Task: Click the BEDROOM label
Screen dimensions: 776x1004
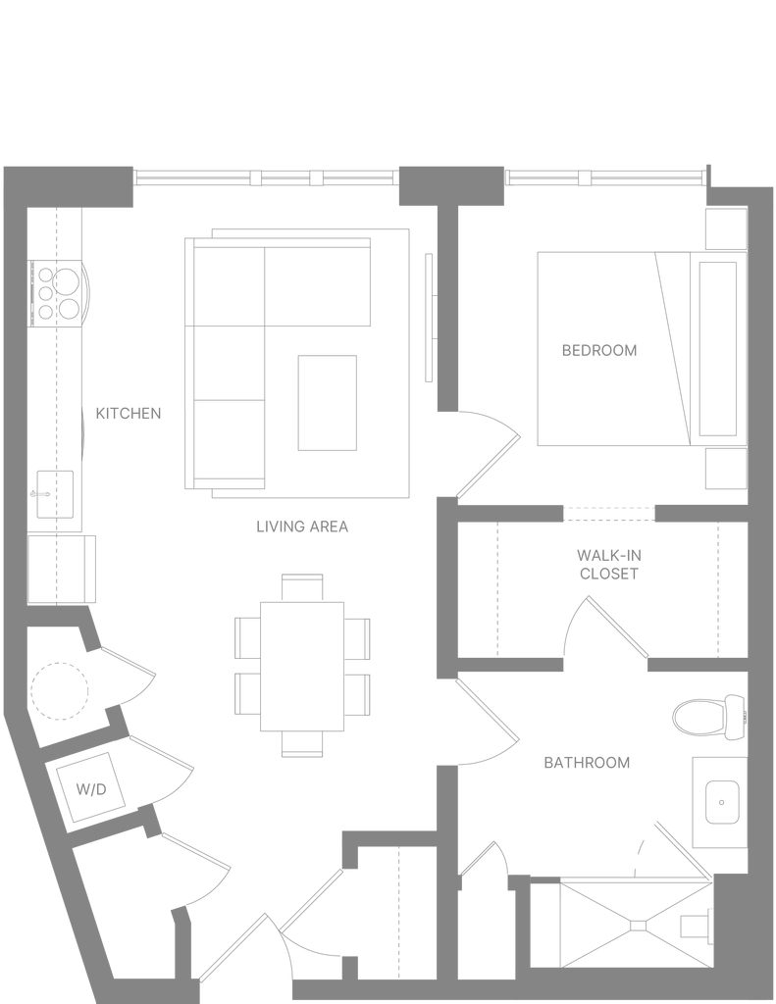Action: (x=599, y=350)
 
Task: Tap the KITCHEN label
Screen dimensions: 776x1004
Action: (x=129, y=414)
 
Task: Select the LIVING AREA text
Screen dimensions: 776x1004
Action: (x=302, y=527)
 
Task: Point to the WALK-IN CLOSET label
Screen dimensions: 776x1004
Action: (x=609, y=564)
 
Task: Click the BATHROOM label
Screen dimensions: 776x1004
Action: (x=587, y=763)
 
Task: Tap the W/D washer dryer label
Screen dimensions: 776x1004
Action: (x=91, y=789)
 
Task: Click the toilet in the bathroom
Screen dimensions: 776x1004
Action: (x=710, y=717)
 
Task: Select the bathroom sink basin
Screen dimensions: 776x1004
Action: (x=722, y=802)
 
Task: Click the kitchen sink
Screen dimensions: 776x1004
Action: (x=55, y=494)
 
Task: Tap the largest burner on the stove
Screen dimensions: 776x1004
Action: (x=67, y=281)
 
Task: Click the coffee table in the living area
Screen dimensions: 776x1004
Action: (x=327, y=403)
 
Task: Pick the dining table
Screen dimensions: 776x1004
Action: (x=302, y=667)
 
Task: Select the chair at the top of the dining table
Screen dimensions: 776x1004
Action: (x=302, y=588)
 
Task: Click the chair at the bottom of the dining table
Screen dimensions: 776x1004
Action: (x=302, y=744)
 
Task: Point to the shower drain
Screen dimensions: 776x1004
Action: (x=639, y=926)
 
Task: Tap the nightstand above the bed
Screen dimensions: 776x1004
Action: (x=726, y=228)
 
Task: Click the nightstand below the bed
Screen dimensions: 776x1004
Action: (x=726, y=469)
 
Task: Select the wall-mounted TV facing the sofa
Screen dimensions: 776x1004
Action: (x=430, y=318)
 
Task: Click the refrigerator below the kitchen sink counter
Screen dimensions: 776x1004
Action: (x=61, y=570)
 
